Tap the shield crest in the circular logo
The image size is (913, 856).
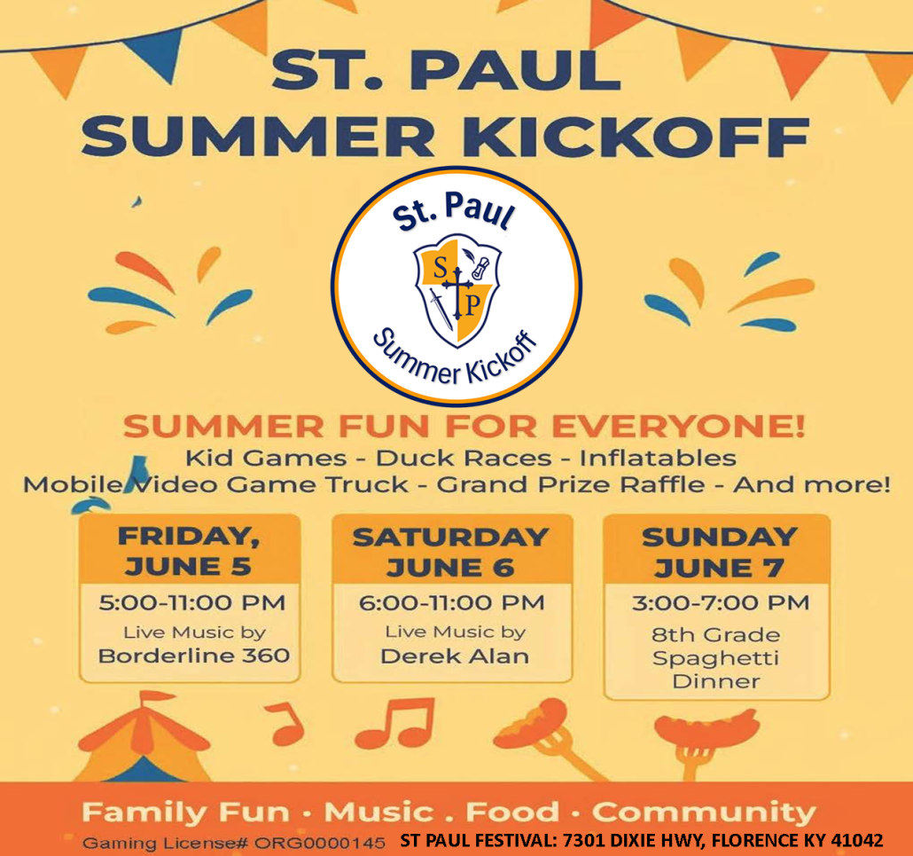pyautogui.click(x=457, y=289)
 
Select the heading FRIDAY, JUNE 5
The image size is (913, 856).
pyautogui.click(x=189, y=551)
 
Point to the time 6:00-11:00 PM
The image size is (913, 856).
pyautogui.click(x=452, y=602)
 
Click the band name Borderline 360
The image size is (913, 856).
pyautogui.click(x=194, y=656)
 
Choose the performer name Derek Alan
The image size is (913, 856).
pyautogui.click(x=455, y=656)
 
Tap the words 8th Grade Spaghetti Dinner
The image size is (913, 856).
pyautogui.click(x=716, y=658)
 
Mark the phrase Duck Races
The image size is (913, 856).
pyautogui.click(x=464, y=458)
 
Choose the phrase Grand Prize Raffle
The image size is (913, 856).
pyautogui.click(x=571, y=484)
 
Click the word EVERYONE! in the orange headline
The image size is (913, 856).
pyautogui.click(x=678, y=427)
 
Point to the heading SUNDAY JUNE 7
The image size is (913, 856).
pyautogui.click(x=719, y=552)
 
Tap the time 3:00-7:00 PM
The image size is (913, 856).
pyautogui.click(x=721, y=602)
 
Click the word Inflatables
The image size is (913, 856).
pyautogui.click(x=658, y=458)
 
